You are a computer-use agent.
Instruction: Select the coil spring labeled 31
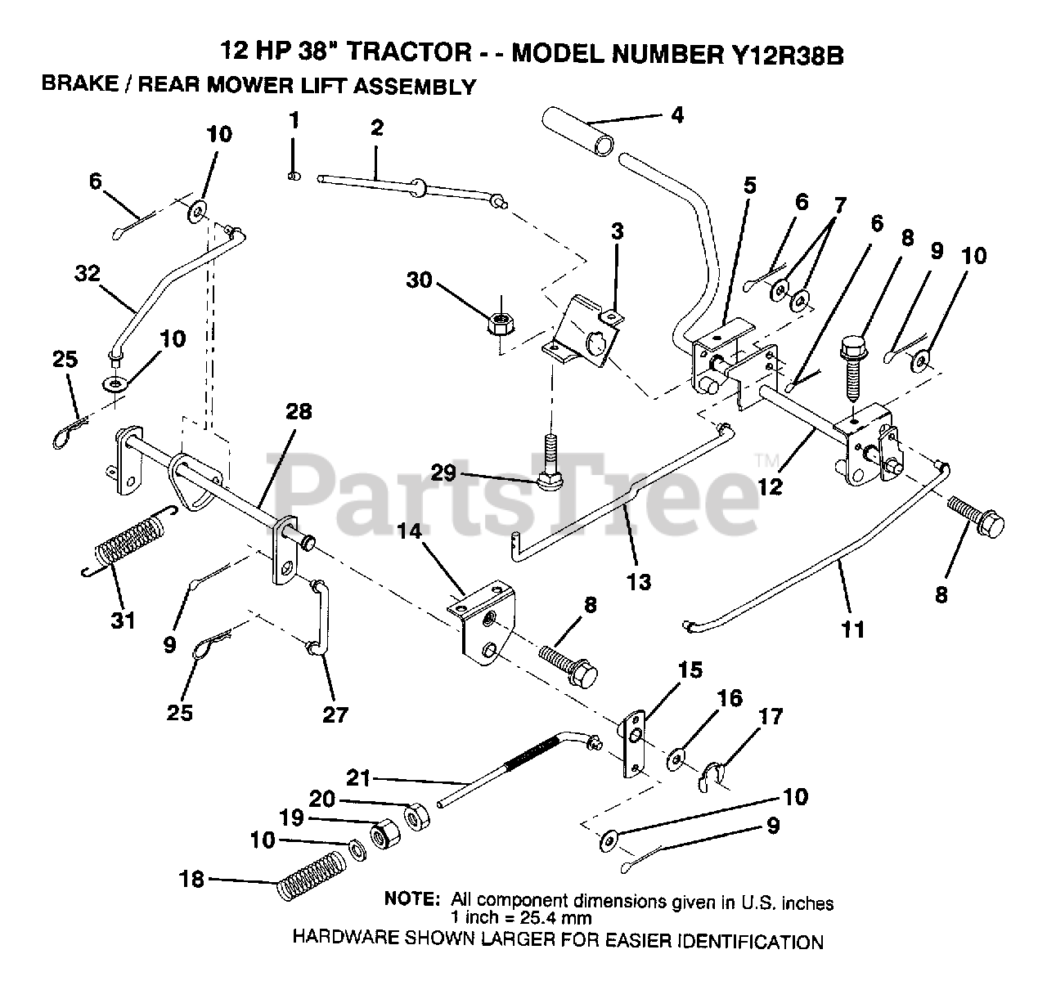pos(131,542)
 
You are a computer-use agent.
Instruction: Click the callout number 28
pos(299,412)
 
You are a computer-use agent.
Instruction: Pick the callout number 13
pos(639,581)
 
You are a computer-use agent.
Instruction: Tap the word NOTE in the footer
pos(412,898)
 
